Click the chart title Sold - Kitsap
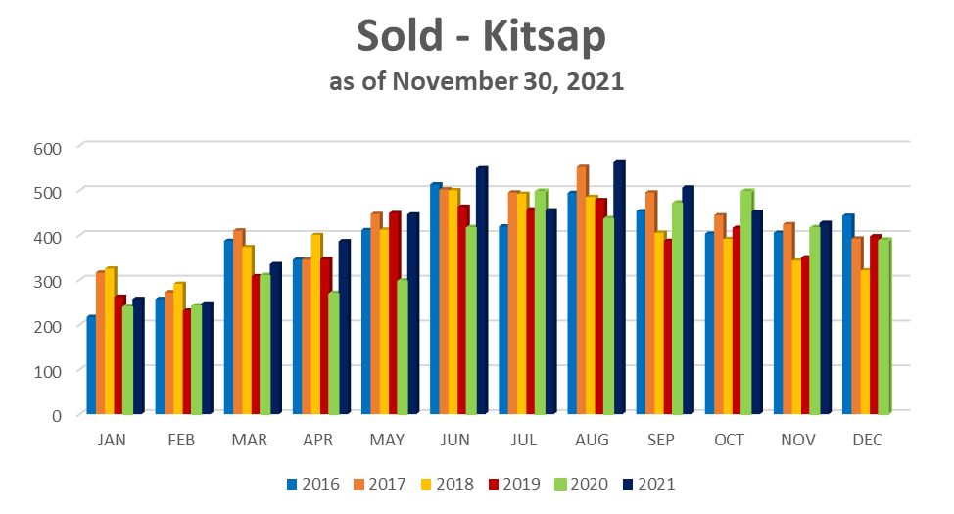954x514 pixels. pos(480,37)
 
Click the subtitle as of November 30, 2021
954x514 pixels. pos(477,82)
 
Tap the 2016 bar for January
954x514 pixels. pos(90,363)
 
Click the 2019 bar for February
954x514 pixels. pos(186,361)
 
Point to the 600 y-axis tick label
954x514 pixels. pos(47,147)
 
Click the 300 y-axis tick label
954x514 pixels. pos(47,281)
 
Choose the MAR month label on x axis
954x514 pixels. pos(250,441)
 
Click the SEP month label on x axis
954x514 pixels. pos(661,441)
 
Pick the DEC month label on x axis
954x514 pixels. pos(868,441)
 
